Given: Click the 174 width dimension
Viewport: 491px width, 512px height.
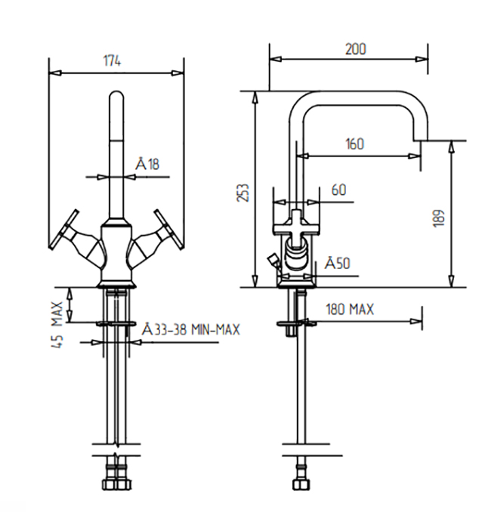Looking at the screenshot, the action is point(112,61).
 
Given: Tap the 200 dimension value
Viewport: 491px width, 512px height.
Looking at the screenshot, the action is point(356,49).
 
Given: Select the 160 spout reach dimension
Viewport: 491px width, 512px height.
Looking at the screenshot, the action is point(355,144).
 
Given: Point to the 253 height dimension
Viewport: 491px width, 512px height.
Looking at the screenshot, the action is point(243,193).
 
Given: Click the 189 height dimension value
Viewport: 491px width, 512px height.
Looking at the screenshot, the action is point(440,217).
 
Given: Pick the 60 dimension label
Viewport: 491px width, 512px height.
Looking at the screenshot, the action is point(338,190).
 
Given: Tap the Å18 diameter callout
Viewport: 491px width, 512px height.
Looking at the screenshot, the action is point(147,164).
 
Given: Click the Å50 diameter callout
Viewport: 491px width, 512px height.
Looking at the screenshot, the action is point(338,264).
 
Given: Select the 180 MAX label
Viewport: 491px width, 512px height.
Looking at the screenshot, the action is point(350,309).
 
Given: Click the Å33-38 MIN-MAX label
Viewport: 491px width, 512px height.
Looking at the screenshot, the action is point(191,329).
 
